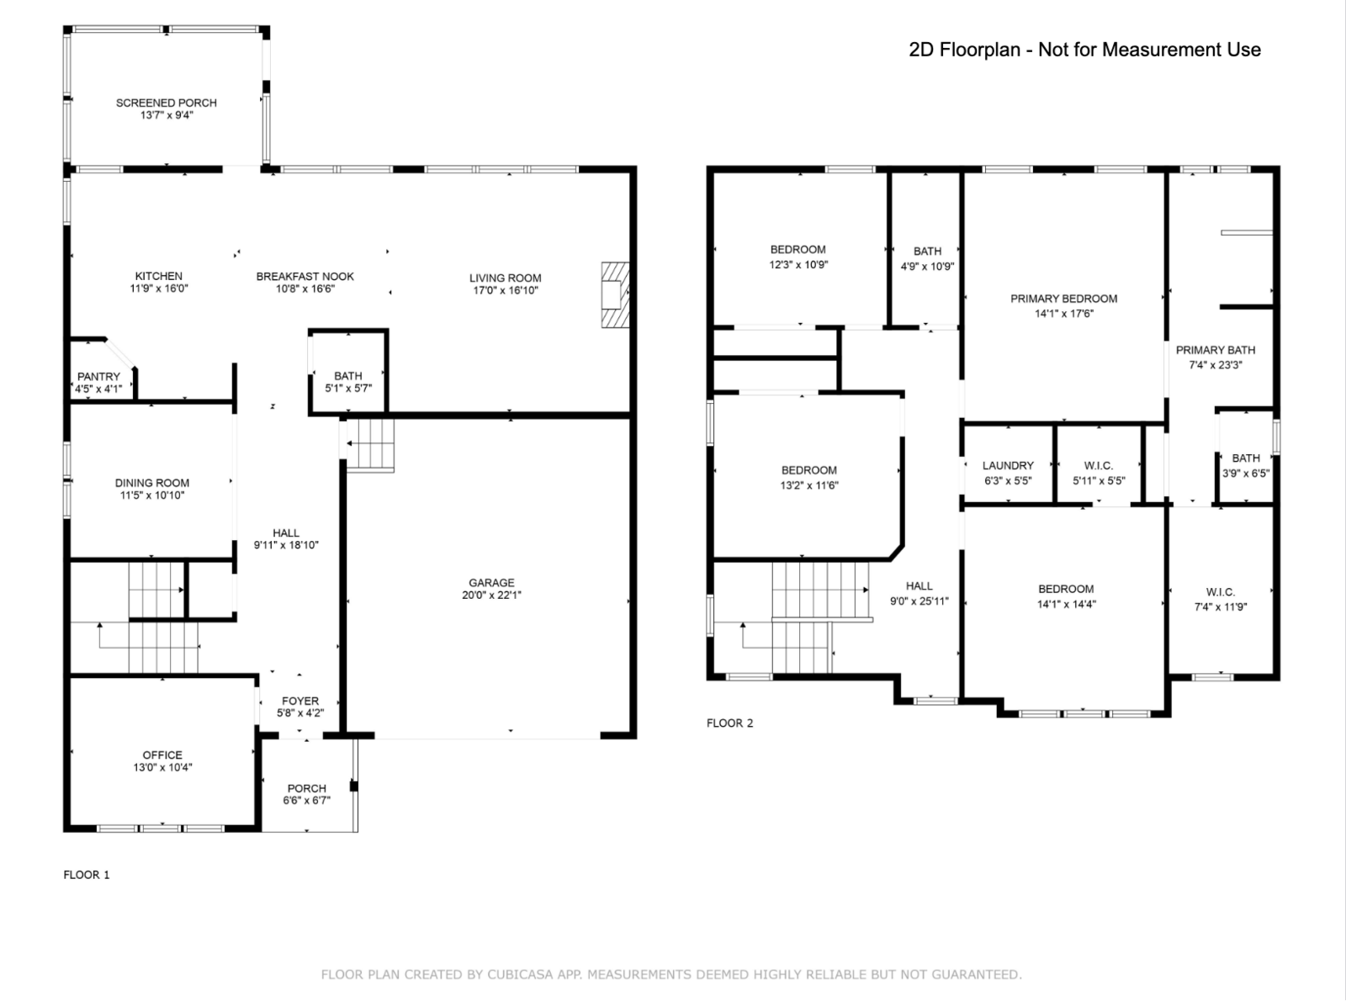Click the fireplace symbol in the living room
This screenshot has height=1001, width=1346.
[x=615, y=295]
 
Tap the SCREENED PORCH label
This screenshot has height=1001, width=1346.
[x=167, y=103]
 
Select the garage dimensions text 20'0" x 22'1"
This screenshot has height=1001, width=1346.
[x=491, y=596]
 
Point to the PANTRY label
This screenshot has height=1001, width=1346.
[x=98, y=377]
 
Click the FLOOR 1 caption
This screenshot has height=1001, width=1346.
[x=87, y=875]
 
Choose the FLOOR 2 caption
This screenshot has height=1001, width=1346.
[x=729, y=723]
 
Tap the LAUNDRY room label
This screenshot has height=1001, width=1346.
[x=1008, y=466]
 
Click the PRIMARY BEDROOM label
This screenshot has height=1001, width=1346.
[x=1064, y=299]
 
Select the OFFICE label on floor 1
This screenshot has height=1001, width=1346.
[x=162, y=755]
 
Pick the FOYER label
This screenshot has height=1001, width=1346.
[x=300, y=702]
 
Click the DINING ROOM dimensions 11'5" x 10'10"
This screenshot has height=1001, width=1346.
[x=152, y=495]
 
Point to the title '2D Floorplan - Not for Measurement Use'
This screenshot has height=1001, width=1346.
[x=1084, y=50]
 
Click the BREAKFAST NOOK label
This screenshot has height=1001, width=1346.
[x=305, y=277]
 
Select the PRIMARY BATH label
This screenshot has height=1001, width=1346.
[x=1216, y=350]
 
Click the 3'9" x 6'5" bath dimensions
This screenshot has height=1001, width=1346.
[x=1246, y=474]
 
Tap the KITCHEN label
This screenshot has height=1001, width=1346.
[x=158, y=276]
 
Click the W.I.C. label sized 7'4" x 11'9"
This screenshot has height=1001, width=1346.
[x=1221, y=592]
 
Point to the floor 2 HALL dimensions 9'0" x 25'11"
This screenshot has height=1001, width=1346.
[x=919, y=601]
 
